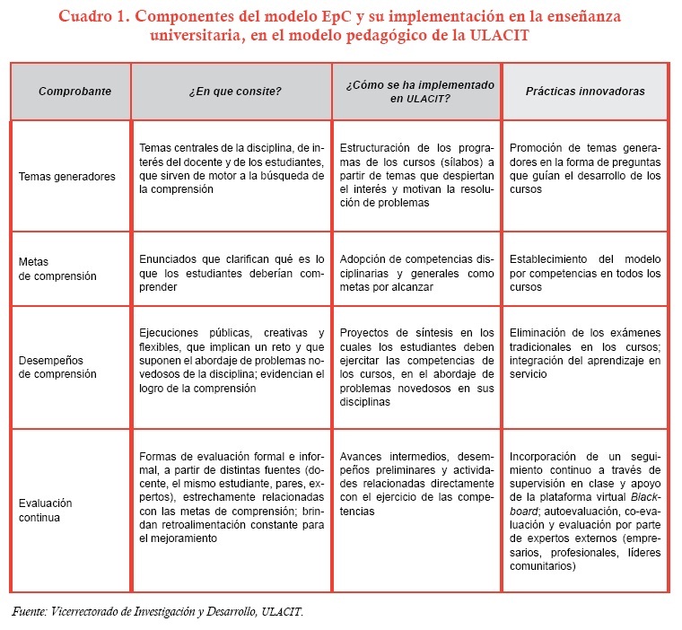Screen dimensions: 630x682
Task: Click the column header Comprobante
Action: pos(74,92)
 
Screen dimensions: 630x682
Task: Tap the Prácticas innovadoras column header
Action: pos(584,92)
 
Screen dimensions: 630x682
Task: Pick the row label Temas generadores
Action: pos(67,176)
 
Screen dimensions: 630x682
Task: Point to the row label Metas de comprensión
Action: pos(57,269)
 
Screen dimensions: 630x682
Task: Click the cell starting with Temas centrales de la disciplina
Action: pos(232,169)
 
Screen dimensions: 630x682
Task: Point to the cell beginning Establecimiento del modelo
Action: pos(584,273)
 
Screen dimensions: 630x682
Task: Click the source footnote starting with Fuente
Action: pos(158,612)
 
